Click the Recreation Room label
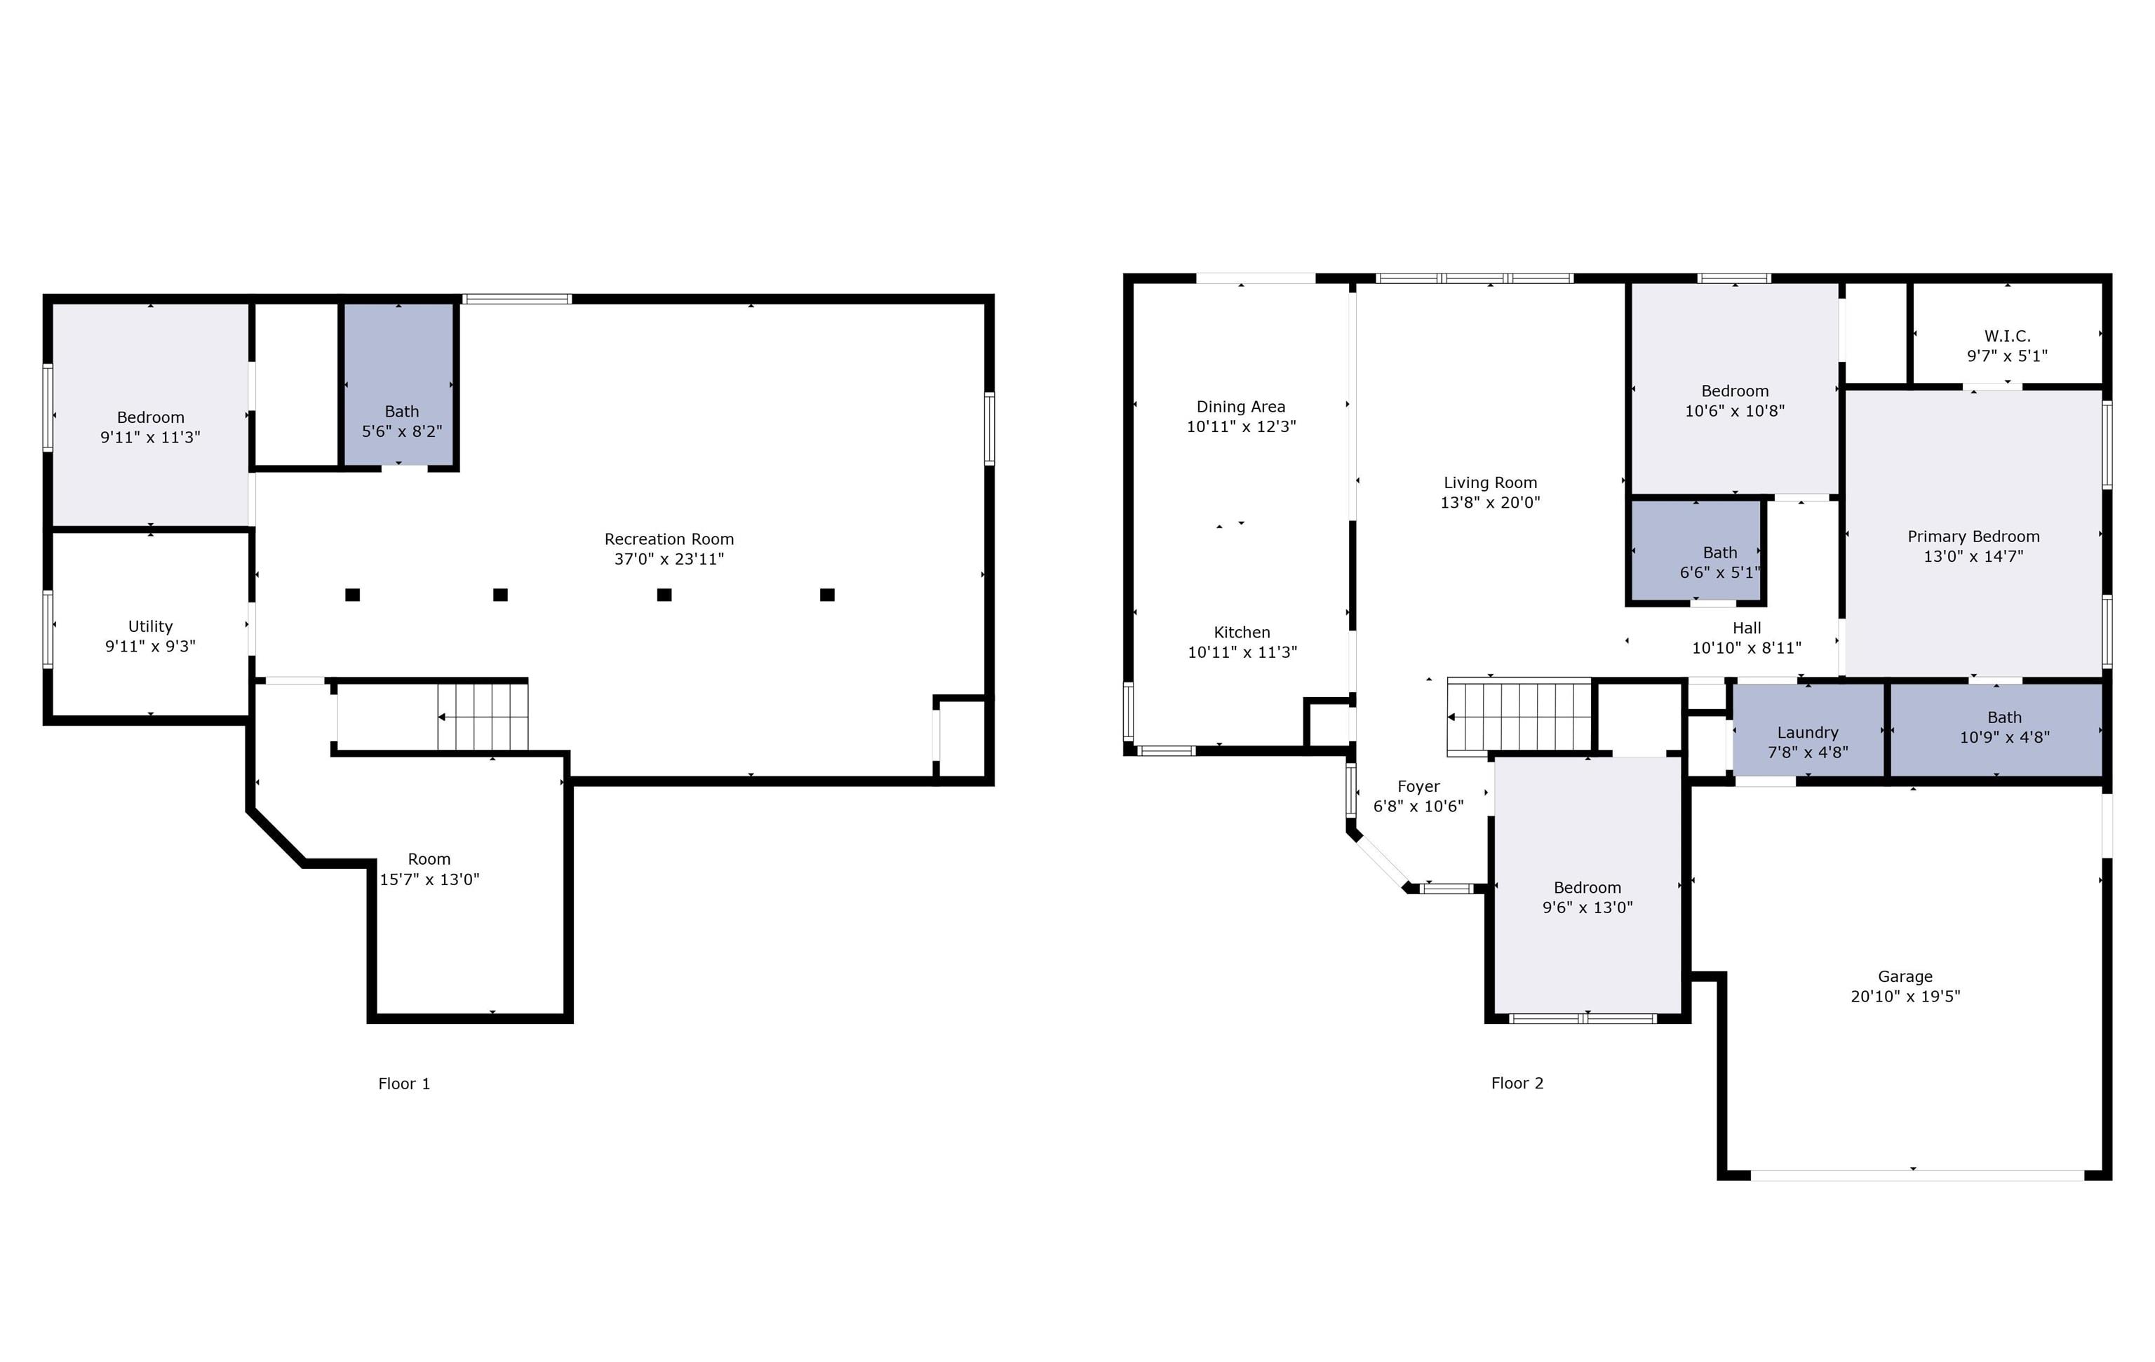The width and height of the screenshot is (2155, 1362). [x=669, y=539]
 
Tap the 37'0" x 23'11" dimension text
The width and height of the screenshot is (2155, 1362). [x=669, y=559]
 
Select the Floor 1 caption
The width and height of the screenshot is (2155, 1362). [x=403, y=1084]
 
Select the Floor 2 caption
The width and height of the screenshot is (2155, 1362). [x=1517, y=1083]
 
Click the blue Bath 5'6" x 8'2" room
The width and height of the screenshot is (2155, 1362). [x=400, y=385]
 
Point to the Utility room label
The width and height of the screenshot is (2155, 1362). [x=150, y=626]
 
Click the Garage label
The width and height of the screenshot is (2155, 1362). [x=1905, y=976]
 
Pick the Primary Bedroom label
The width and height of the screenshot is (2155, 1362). [x=1973, y=536]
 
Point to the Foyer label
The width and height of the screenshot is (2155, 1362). [x=1418, y=785]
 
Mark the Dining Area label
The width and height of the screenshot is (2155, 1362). [x=1240, y=406]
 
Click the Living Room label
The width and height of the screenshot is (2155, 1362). [x=1490, y=483]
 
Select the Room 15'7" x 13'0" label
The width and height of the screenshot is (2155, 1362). [x=429, y=859]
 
